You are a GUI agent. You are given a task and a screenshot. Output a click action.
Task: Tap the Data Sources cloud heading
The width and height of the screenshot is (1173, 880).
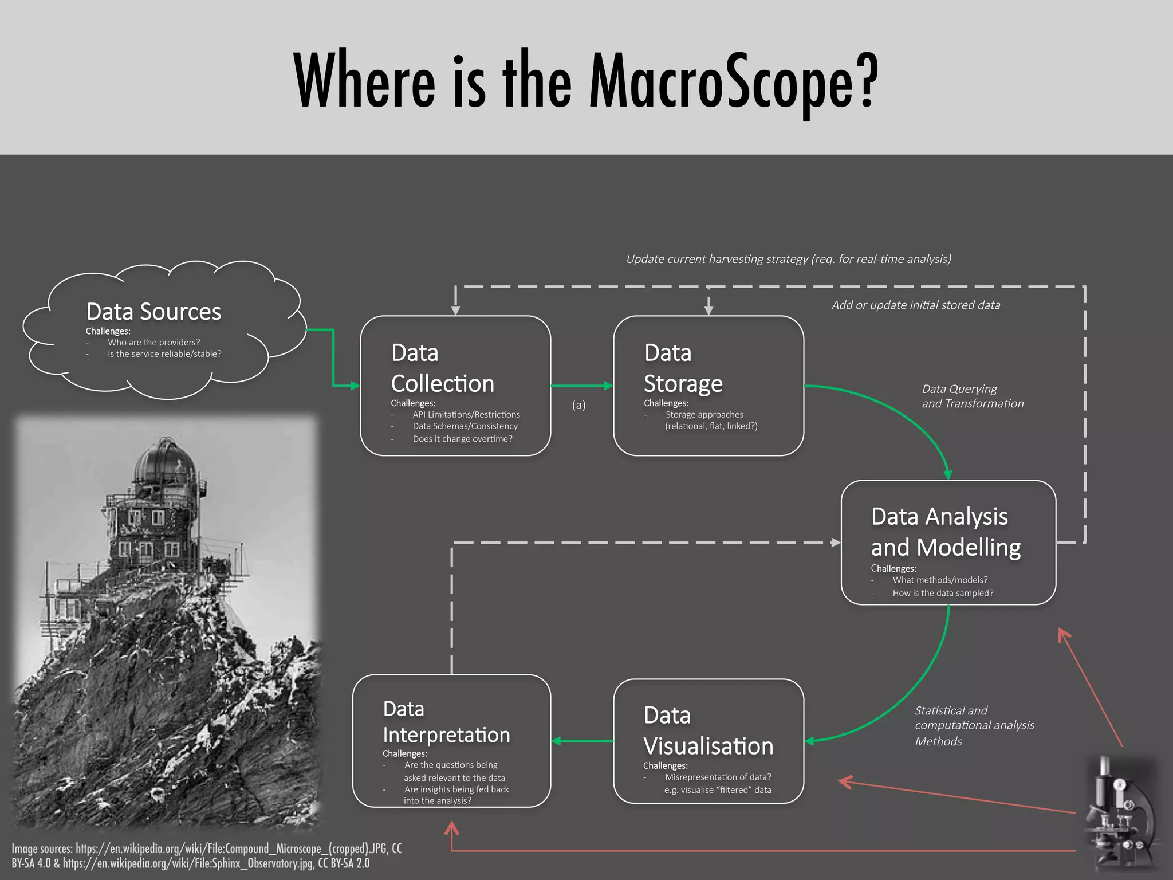[x=153, y=312]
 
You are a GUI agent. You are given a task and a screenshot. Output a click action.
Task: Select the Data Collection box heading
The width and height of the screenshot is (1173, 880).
[x=442, y=368]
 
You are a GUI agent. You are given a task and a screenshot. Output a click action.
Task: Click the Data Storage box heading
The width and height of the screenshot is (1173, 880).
[x=683, y=368]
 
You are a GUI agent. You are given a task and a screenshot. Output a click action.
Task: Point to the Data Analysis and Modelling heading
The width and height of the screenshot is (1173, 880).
[x=945, y=532]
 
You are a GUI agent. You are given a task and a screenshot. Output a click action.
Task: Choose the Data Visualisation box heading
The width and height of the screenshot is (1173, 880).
[x=708, y=731]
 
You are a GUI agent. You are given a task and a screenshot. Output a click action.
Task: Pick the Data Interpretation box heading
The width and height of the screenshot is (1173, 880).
[x=446, y=722]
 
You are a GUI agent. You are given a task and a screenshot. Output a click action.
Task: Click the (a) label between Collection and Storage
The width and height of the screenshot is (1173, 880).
[x=578, y=405]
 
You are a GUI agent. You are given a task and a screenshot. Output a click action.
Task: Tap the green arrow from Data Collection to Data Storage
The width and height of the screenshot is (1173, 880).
[x=581, y=386]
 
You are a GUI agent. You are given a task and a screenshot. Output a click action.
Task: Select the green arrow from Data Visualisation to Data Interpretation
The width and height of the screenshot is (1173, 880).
[x=581, y=741]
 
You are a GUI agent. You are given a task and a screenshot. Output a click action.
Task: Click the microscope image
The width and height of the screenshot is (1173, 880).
[x=1120, y=814]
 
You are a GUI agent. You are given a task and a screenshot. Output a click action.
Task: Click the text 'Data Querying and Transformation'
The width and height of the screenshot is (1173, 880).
[x=972, y=396]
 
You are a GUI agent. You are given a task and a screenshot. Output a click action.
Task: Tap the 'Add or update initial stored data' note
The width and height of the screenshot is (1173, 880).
[x=915, y=305]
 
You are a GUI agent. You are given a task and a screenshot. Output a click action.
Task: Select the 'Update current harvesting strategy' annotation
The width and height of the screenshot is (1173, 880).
[x=788, y=259]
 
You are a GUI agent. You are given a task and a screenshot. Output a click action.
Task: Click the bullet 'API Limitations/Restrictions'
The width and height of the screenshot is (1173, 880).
[x=466, y=415]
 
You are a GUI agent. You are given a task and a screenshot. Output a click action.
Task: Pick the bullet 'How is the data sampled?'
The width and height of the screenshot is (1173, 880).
[x=942, y=593]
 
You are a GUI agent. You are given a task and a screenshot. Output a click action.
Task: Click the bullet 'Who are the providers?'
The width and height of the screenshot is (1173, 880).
[x=153, y=343]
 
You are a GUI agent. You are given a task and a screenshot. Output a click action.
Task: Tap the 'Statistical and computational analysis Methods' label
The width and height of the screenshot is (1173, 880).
[x=974, y=725]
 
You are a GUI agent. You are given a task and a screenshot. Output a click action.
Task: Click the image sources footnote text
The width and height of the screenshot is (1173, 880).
[x=206, y=856]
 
